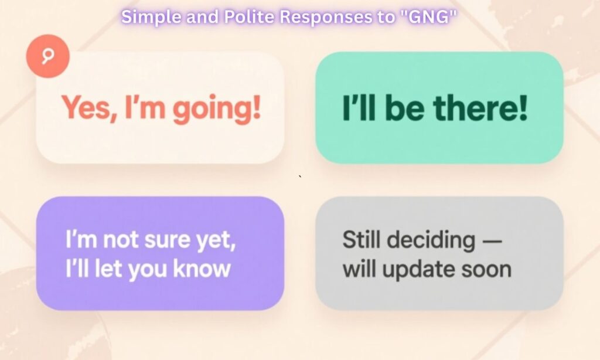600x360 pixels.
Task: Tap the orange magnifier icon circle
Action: (x=48, y=56)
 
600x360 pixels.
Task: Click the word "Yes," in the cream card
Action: (x=86, y=109)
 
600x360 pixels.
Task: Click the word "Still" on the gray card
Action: (x=360, y=240)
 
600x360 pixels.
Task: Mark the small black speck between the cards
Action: (x=300, y=176)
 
